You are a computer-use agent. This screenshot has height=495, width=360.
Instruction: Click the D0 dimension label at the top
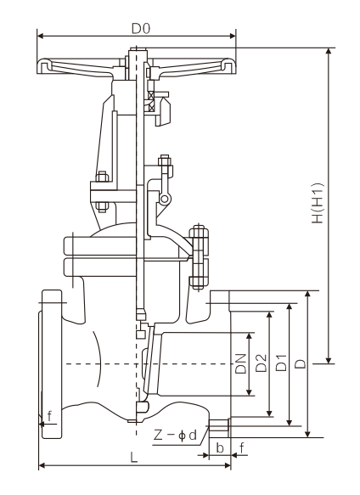[x=141, y=29]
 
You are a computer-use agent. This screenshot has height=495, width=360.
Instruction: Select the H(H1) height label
[x=318, y=203]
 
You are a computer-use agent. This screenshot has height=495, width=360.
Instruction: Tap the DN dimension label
[x=241, y=363]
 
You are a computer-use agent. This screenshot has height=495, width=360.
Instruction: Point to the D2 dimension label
[x=262, y=363]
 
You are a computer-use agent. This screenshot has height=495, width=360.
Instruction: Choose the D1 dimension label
[x=281, y=363]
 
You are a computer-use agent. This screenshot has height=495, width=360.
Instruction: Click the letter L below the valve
[x=134, y=457]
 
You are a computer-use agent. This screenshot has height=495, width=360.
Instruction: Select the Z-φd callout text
[x=175, y=436]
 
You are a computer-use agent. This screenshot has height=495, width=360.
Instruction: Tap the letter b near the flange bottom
[x=220, y=447]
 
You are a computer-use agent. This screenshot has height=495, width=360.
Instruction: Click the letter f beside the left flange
[x=49, y=416]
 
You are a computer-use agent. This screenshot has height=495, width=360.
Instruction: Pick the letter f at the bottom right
[x=242, y=447]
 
